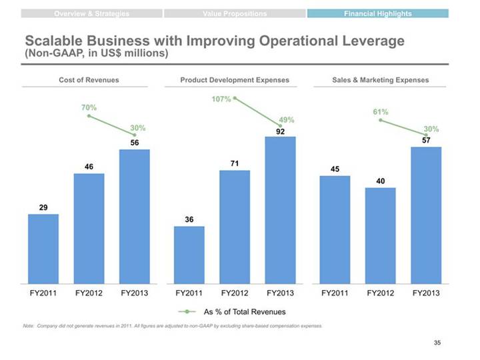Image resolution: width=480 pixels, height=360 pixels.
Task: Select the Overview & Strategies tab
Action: click(x=92, y=13)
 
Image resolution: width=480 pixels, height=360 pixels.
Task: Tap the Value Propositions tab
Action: click(x=234, y=13)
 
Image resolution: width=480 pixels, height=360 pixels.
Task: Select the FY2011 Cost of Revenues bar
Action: click(x=43, y=247)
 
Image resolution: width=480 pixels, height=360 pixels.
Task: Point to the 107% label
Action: click(x=221, y=99)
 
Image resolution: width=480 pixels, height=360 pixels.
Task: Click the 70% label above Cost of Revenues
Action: click(x=89, y=107)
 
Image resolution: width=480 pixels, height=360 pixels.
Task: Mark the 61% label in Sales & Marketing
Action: click(x=381, y=112)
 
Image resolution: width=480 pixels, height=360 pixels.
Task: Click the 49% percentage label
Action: click(x=287, y=120)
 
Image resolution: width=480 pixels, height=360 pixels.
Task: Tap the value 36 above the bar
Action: click(x=189, y=219)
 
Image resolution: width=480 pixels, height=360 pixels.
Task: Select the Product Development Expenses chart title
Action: click(x=235, y=80)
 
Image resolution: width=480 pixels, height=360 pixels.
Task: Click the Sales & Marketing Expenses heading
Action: click(x=380, y=80)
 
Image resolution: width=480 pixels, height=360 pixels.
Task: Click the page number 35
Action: click(x=437, y=343)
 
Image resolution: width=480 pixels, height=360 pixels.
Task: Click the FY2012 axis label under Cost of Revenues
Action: click(x=89, y=293)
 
